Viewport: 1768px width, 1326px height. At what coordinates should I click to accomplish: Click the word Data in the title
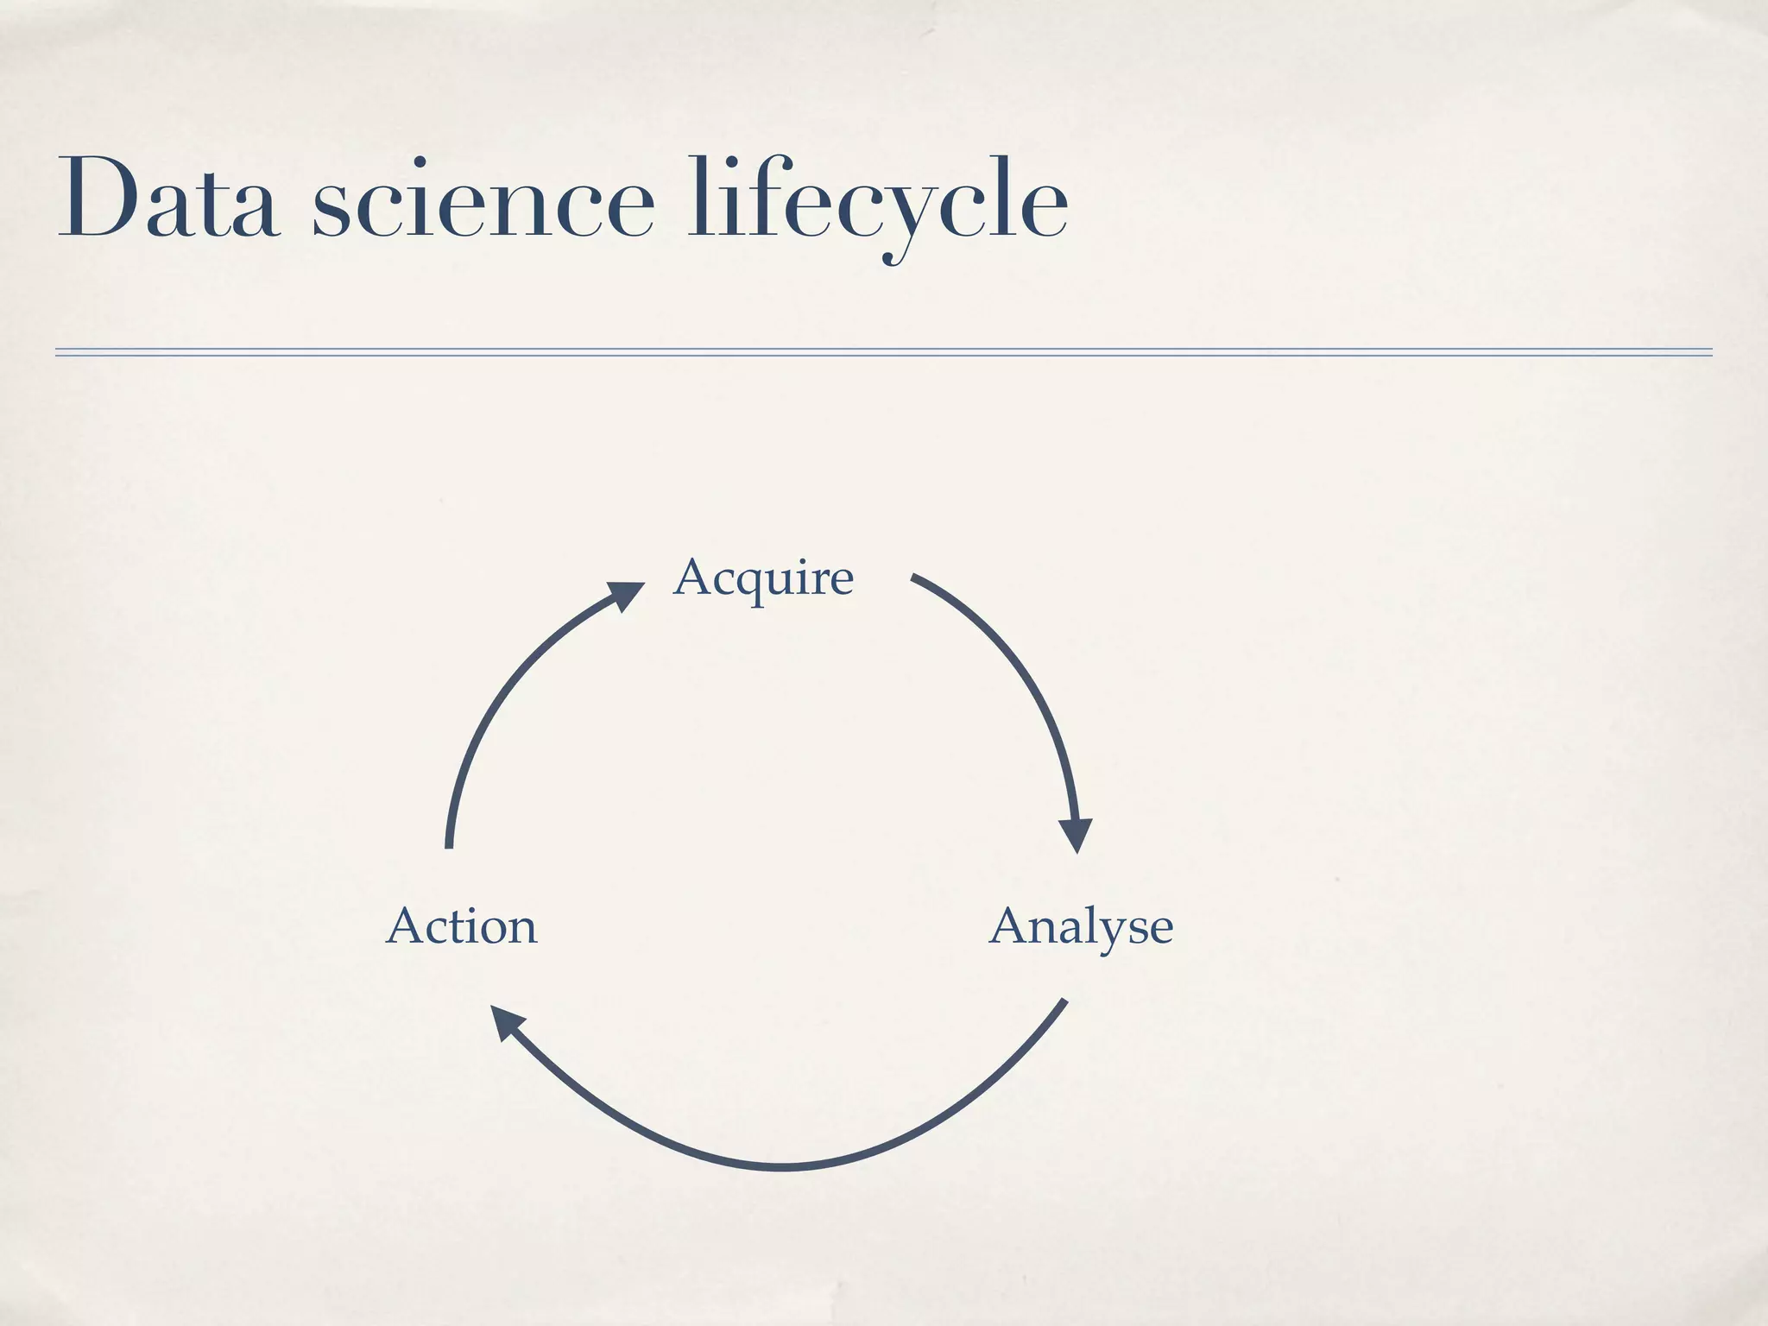(169, 198)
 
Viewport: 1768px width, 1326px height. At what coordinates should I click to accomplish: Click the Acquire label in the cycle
(763, 578)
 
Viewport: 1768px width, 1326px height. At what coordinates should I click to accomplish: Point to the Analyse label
(1081, 928)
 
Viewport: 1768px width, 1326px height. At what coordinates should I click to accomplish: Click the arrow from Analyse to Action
(781, 1165)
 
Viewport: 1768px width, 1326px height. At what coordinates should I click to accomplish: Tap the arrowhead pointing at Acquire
(625, 595)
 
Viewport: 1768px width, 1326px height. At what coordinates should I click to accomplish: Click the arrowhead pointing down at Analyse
(1076, 833)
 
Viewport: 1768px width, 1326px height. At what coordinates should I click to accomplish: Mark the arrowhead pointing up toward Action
(508, 1024)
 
